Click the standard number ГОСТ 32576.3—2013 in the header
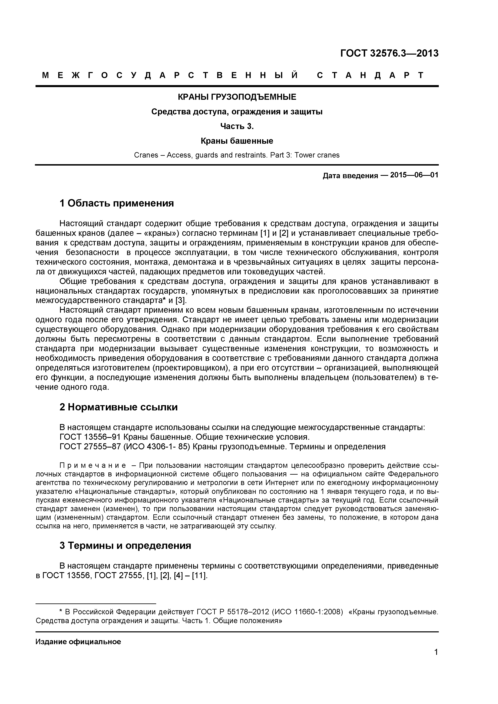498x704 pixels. (x=389, y=53)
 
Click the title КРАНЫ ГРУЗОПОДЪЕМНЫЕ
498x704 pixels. (x=237, y=97)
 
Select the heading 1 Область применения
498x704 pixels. (x=117, y=203)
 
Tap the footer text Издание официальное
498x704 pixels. (x=78, y=641)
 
